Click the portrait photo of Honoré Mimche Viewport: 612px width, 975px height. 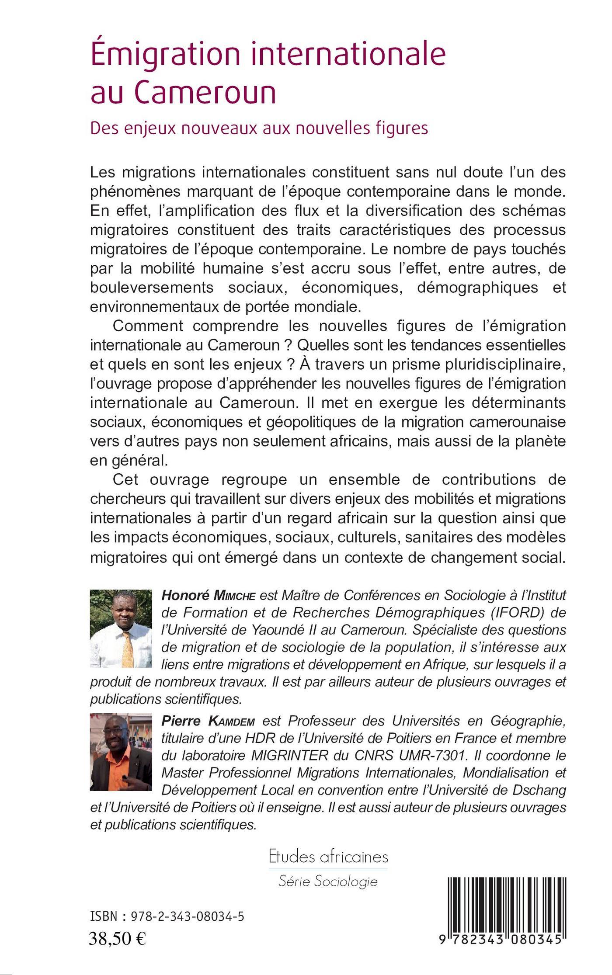pos(121,628)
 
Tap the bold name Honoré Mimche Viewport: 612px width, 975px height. pos(208,595)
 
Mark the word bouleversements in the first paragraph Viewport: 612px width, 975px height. pos(152,287)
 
